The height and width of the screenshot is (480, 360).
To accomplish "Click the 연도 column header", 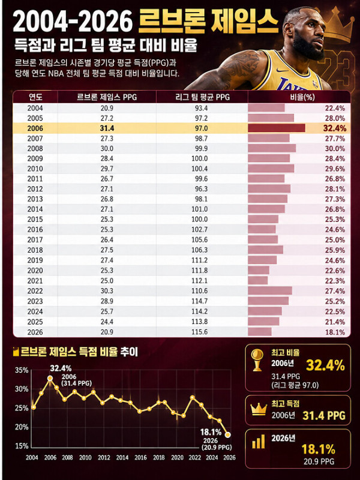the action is [x=35, y=97].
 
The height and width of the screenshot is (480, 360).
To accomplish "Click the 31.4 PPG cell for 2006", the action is [x=107, y=128].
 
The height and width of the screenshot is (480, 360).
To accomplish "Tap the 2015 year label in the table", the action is [x=35, y=220].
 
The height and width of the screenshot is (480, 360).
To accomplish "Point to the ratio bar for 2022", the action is [x=270, y=291].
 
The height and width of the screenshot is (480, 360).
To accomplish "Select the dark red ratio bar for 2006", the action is [x=277, y=128].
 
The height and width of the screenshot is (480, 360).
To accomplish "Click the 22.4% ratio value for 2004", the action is [x=335, y=108].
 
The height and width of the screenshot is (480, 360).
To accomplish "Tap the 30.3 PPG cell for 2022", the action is [x=107, y=291].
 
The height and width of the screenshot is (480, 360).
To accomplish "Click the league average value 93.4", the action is [x=201, y=108].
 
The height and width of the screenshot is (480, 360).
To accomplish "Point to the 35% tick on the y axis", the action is [x=22, y=370].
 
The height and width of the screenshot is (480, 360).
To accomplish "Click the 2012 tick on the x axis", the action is [x=104, y=457].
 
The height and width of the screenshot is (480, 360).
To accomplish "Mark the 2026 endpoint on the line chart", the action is [x=227, y=434].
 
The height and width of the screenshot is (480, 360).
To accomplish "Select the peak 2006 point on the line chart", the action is [x=50, y=379].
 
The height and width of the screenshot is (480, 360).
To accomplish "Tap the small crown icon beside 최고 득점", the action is [x=259, y=409].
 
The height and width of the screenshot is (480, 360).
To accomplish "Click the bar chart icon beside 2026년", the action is [x=259, y=442].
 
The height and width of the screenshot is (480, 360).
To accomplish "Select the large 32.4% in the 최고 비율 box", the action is [x=325, y=365].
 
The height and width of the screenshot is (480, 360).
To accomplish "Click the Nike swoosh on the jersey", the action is [x=282, y=70].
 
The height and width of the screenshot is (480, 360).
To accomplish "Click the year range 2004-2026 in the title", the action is [x=73, y=22].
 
